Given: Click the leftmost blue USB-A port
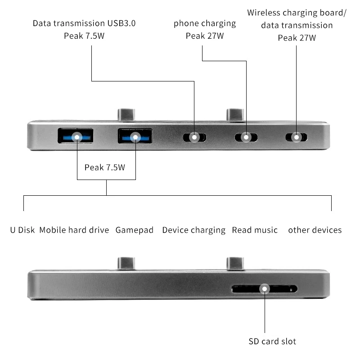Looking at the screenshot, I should (76, 136).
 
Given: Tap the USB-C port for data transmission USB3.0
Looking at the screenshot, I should (194, 137).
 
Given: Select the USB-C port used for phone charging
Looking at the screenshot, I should (246, 137).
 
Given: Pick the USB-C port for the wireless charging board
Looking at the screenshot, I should (297, 137).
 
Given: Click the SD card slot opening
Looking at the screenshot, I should (264, 289).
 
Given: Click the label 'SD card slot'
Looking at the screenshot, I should (272, 342).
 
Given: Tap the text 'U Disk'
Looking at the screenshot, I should (22, 230).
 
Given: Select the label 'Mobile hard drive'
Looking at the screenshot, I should (74, 230).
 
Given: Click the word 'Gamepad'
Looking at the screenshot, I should (135, 230).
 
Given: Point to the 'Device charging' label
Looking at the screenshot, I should (193, 230).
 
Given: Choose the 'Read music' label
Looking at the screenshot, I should (255, 230).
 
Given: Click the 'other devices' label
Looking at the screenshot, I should (315, 230).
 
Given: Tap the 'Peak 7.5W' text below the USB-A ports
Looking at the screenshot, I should (104, 167).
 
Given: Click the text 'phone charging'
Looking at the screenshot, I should (205, 23).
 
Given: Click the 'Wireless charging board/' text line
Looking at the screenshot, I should (297, 13).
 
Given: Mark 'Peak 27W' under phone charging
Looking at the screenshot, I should (205, 36).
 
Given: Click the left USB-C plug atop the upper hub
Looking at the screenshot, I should (126, 114).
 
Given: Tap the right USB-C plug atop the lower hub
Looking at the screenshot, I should (235, 264).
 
